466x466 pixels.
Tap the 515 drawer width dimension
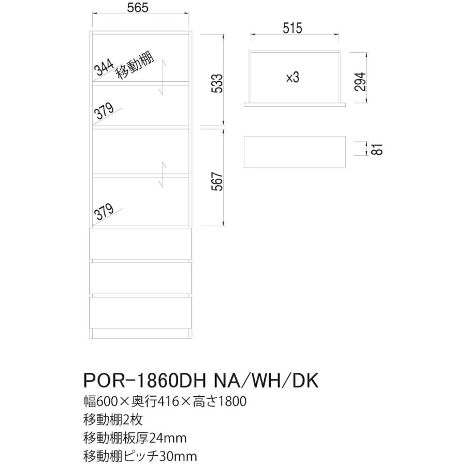[x=293, y=29]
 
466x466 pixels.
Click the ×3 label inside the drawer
[x=293, y=77]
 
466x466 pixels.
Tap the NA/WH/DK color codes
[x=265, y=382]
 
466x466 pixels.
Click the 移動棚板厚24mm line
[x=135, y=438]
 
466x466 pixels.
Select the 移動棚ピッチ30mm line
[x=140, y=457]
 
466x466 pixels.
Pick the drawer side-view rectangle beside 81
[x=295, y=151]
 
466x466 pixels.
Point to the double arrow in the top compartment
[x=163, y=78]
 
